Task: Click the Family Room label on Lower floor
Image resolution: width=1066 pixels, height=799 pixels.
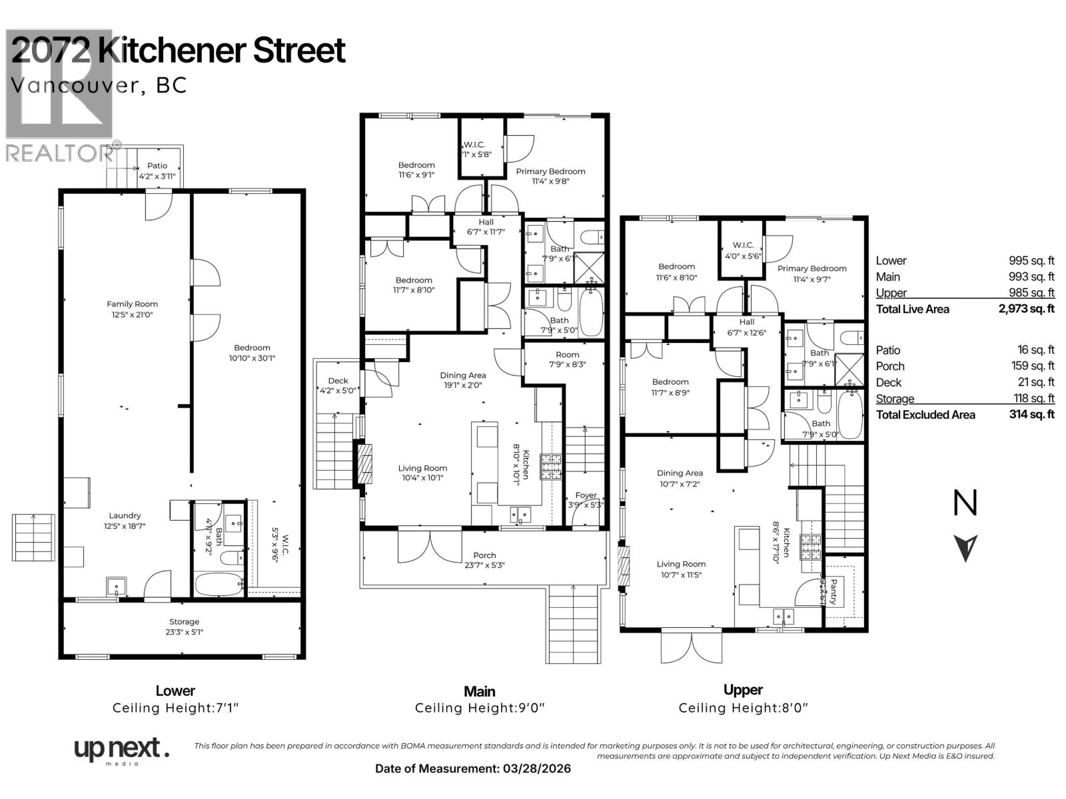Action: click(133, 304)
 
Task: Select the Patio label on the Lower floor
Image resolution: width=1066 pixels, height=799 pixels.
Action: click(157, 166)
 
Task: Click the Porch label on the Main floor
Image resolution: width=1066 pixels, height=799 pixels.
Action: click(484, 555)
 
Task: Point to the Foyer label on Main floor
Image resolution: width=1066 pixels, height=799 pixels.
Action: click(586, 495)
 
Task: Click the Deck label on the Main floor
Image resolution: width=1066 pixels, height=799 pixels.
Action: click(338, 381)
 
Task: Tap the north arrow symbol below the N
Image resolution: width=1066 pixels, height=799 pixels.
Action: click(965, 547)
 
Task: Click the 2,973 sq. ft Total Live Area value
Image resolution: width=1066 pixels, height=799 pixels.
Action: click(1026, 309)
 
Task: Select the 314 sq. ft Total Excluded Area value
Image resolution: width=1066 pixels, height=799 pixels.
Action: click(1031, 415)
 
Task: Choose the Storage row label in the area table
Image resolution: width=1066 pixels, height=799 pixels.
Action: click(895, 399)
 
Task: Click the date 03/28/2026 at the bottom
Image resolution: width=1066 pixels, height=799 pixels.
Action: click(535, 768)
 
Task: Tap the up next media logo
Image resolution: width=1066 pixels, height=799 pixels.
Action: click(120, 750)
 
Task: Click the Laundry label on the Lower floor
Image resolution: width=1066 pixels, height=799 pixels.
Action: click(125, 515)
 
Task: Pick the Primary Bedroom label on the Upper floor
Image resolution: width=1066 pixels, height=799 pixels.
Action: click(811, 268)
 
